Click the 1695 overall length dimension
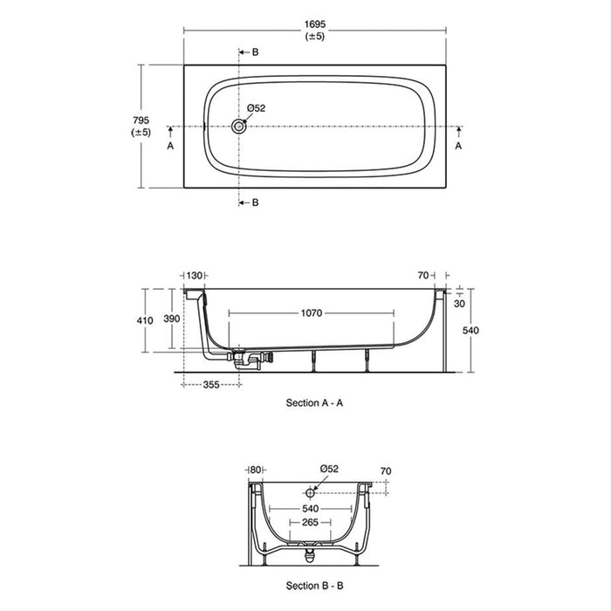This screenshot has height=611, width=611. [x=315, y=24]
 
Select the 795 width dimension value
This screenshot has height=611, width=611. [x=141, y=120]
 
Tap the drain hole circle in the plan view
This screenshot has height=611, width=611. [x=238, y=127]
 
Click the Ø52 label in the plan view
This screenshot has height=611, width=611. [x=256, y=108]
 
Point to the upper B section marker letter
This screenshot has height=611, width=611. [x=255, y=52]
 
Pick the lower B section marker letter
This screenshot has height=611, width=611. [x=255, y=203]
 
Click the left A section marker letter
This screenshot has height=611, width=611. [x=170, y=146]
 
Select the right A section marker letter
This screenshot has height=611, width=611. [x=458, y=146]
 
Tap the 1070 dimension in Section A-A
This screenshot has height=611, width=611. [x=312, y=312]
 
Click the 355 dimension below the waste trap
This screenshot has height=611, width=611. [x=211, y=385]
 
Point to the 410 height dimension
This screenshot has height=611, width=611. [x=145, y=320]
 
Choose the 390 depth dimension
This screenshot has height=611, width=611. [x=171, y=319]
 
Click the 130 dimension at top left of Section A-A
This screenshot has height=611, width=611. [x=194, y=276]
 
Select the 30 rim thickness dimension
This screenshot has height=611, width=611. [x=459, y=304]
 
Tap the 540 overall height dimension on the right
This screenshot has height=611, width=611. [x=470, y=331]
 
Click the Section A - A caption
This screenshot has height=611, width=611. [x=314, y=403]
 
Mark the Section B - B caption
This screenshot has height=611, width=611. [x=314, y=586]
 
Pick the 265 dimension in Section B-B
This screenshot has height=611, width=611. [x=310, y=522]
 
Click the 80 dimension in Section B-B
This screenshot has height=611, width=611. [x=255, y=470]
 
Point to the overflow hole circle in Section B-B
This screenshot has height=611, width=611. [x=310, y=493]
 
